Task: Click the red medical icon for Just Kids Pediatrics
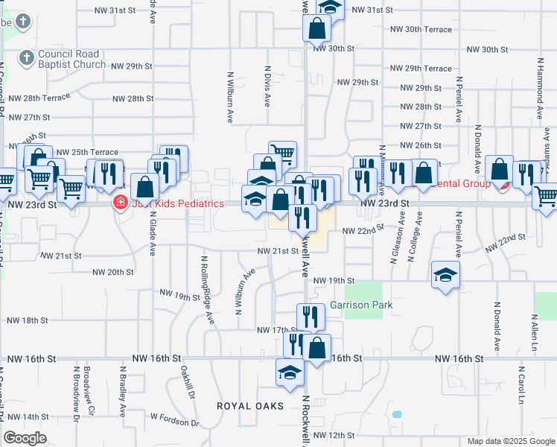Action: [119, 203]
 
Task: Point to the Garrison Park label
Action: [361, 305]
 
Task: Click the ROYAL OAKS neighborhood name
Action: [250, 406]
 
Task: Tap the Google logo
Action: [25, 438]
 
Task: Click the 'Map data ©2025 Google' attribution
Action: [511, 441]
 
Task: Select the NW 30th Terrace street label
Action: [421, 29]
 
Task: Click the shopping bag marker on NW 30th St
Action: [316, 29]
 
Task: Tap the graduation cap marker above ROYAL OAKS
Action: [290, 372]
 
